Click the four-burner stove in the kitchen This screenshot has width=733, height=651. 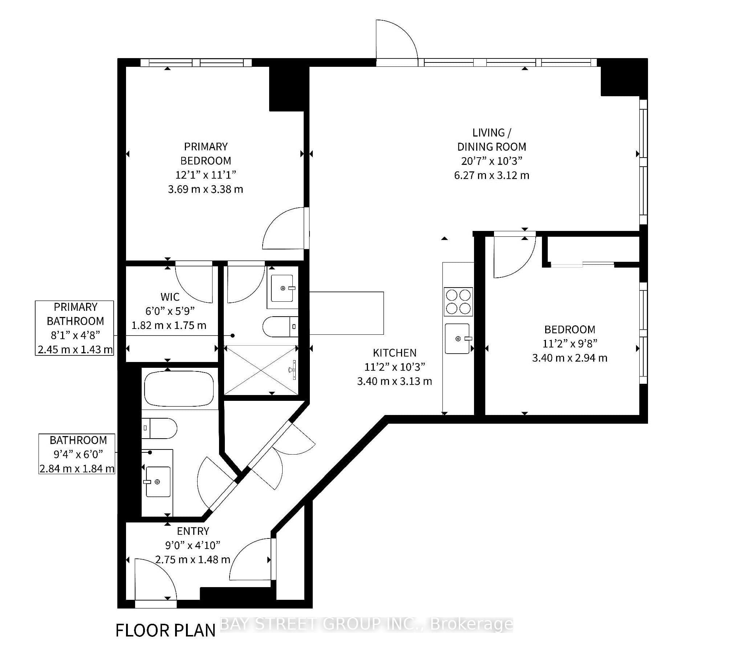[458, 301]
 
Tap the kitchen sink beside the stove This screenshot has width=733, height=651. [457, 338]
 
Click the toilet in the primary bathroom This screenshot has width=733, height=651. [280, 326]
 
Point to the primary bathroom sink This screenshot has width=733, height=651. [283, 288]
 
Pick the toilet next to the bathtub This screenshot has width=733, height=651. [159, 428]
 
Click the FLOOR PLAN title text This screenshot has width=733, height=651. [166, 631]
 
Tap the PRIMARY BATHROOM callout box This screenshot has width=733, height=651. [74, 328]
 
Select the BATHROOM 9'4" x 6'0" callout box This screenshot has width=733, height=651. [77, 454]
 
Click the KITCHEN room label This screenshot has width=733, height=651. [394, 353]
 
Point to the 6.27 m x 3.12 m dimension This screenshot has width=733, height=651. [491, 175]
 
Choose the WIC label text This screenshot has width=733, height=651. [170, 297]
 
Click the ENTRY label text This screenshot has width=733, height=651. [193, 531]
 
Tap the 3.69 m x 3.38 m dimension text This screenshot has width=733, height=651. [206, 189]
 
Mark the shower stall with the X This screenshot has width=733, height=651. [261, 370]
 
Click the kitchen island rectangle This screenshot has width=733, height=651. [347, 313]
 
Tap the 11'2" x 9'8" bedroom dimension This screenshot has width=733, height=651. [570, 343]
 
